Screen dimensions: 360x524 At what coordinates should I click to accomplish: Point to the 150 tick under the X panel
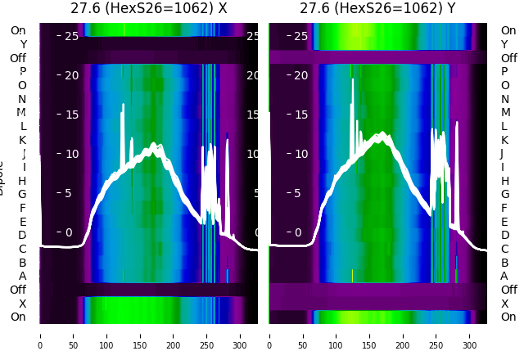(x=139, y=335)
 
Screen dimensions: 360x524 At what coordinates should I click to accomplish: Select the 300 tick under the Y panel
(x=469, y=335)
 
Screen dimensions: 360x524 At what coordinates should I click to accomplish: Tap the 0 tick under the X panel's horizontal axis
(x=39, y=335)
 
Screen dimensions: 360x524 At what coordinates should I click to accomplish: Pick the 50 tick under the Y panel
(x=302, y=335)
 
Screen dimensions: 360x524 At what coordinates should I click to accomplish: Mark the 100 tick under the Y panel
(x=336, y=335)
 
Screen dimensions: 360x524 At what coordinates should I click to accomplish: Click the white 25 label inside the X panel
(x=71, y=36)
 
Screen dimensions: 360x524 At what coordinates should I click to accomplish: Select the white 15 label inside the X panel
(x=71, y=115)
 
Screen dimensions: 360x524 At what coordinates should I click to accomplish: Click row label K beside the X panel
(x=23, y=140)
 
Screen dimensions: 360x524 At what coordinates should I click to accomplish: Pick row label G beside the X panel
(x=23, y=194)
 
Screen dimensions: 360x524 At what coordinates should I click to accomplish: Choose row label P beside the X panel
(x=23, y=72)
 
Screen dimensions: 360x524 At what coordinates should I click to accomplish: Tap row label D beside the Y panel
(x=504, y=235)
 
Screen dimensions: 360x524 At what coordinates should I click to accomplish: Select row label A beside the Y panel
(x=504, y=276)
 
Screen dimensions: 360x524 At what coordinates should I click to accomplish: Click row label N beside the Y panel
(x=504, y=99)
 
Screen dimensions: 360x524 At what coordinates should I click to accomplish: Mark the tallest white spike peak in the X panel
(x=123, y=105)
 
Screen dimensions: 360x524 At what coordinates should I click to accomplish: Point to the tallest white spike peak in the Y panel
(x=352, y=79)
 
